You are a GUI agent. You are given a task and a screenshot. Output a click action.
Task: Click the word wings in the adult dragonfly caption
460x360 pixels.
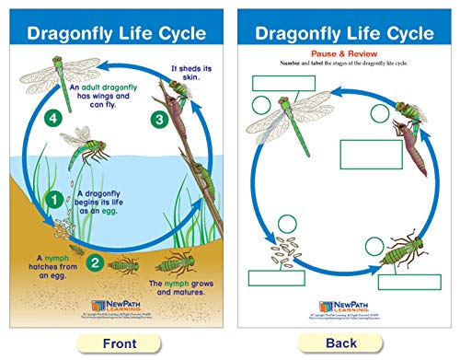click(107, 97)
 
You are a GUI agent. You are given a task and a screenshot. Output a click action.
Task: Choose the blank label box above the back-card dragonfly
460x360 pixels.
click(278, 81)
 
